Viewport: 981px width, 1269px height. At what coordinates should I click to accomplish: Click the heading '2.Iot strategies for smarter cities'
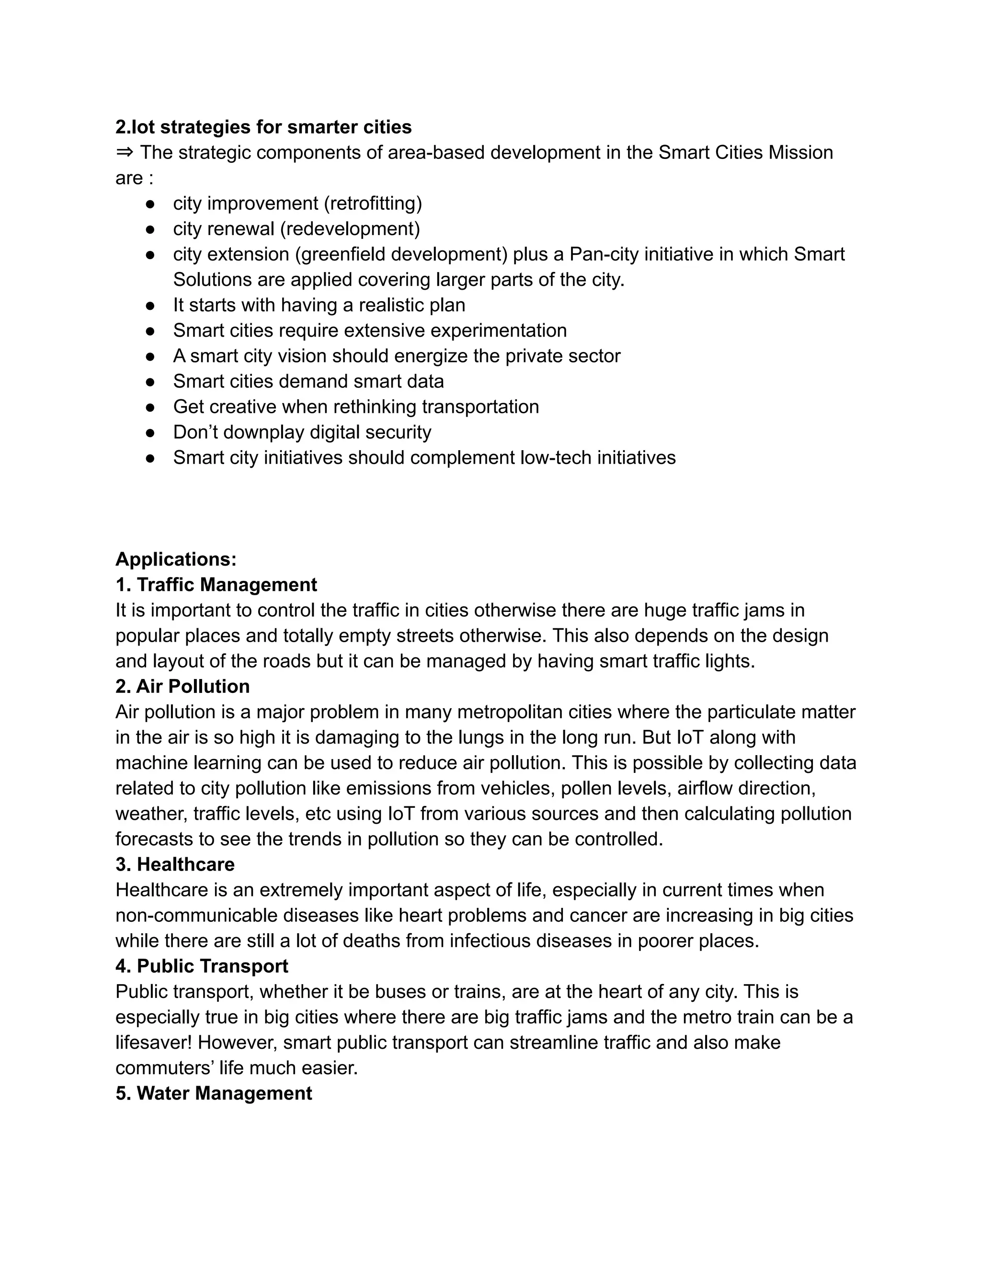tap(263, 127)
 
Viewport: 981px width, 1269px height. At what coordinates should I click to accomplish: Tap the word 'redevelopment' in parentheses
tap(350, 229)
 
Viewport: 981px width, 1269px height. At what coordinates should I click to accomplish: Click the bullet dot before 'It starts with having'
tap(150, 305)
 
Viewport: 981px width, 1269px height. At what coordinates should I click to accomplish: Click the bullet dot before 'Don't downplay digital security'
tap(150, 432)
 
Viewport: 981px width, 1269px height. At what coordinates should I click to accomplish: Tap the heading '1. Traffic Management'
tap(216, 585)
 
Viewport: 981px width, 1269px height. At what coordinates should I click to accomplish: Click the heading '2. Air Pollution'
tap(183, 686)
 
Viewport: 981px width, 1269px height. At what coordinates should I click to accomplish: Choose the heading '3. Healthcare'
tap(175, 864)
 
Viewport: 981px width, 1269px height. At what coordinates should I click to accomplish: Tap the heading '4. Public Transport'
tap(202, 966)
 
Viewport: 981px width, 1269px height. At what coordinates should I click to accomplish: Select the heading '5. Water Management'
tap(213, 1094)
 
